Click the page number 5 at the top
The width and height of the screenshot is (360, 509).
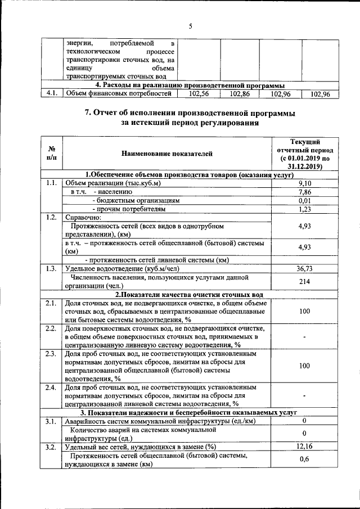[x=190, y=26]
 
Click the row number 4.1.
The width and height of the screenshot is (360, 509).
[x=52, y=94]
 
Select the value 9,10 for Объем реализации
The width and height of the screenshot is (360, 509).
[x=304, y=183]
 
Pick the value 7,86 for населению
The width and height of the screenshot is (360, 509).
[x=304, y=192]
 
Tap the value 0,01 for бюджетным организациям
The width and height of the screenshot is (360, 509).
[x=304, y=200]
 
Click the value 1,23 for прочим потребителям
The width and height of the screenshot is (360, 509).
[x=304, y=209]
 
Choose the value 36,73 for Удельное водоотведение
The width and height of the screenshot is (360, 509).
[x=304, y=269]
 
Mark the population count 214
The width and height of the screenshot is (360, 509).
[x=304, y=281]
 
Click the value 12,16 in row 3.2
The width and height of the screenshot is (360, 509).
[x=304, y=447]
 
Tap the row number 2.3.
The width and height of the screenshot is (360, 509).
[x=51, y=354]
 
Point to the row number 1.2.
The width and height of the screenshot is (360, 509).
[x=51, y=218]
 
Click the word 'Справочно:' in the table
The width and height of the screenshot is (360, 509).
[x=83, y=218]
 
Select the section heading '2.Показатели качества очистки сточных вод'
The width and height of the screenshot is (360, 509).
[x=189, y=294]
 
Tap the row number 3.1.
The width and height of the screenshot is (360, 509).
[x=51, y=421]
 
